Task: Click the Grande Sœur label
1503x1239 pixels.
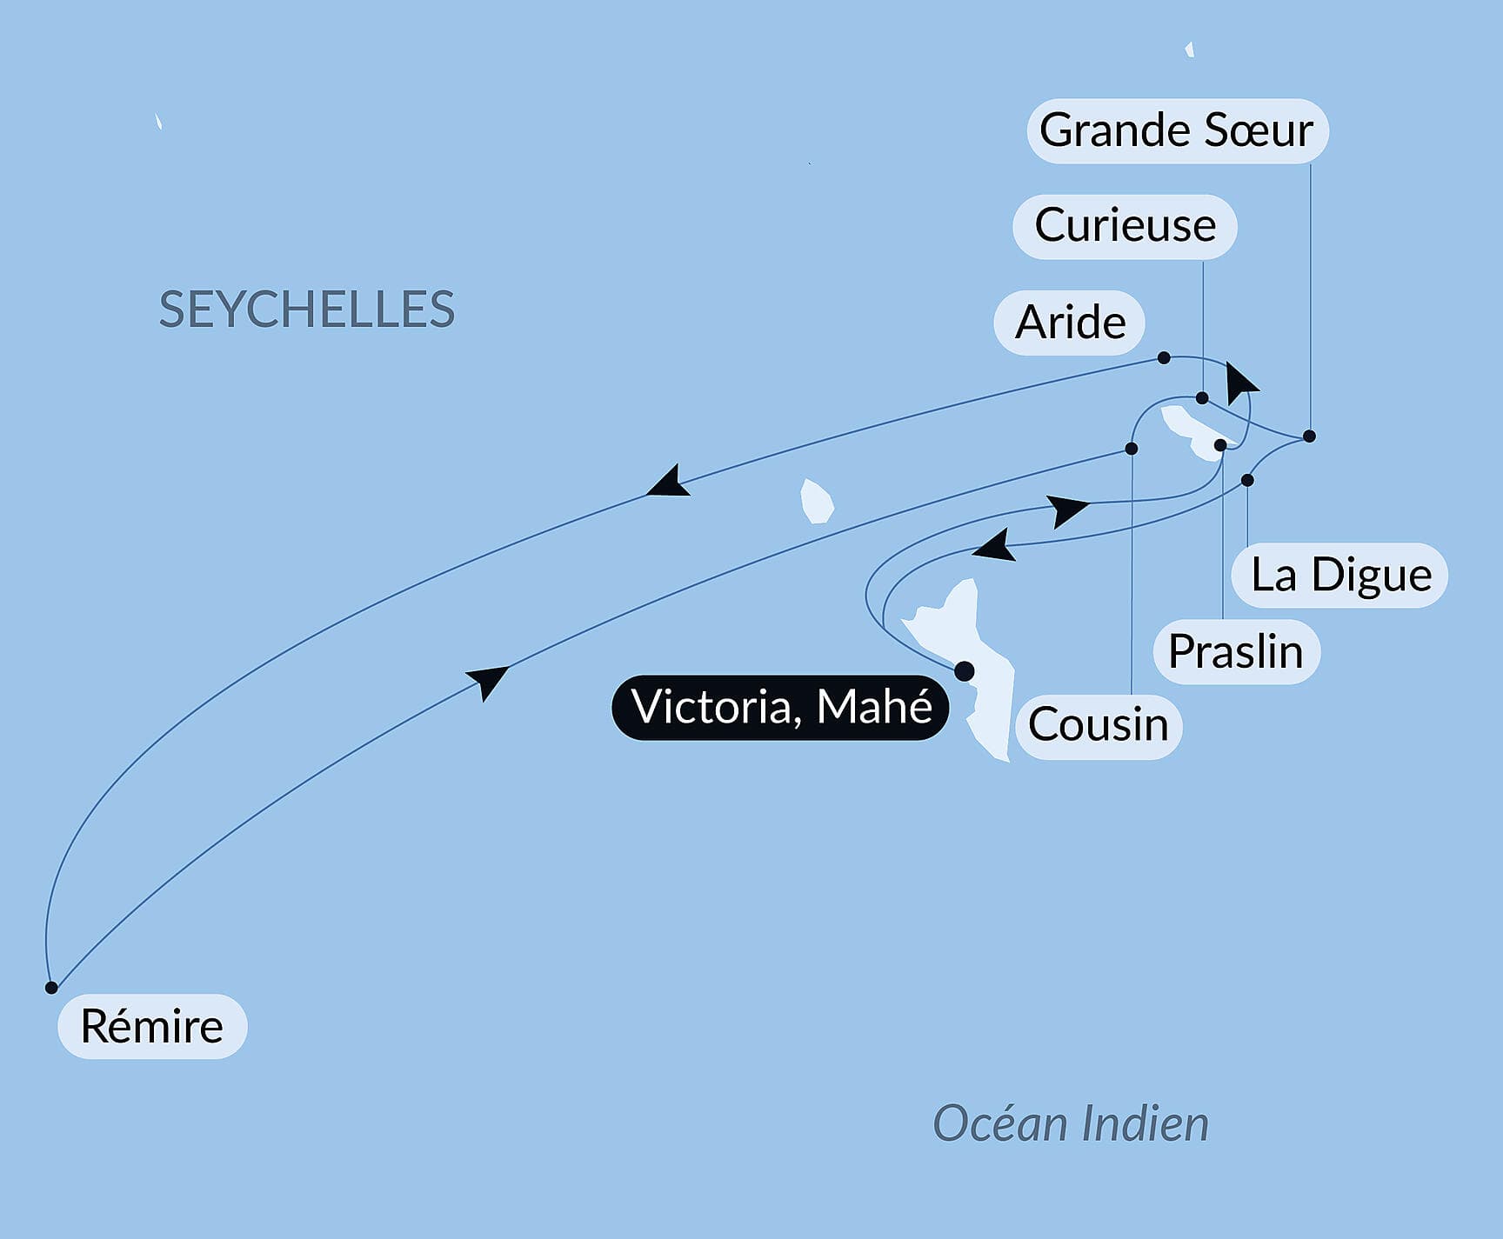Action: (x=1177, y=131)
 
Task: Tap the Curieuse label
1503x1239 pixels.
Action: (x=1125, y=226)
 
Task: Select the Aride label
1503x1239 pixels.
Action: (x=1070, y=323)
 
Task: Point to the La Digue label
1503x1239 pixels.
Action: (x=1340, y=576)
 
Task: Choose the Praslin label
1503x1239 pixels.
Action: (x=1236, y=652)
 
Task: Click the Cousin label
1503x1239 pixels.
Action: (x=1098, y=725)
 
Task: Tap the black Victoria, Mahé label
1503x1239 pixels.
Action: (x=781, y=707)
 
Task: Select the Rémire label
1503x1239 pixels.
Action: (x=152, y=1027)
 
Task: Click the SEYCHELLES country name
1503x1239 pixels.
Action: (x=306, y=310)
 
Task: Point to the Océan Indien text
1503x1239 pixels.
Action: (x=1071, y=1124)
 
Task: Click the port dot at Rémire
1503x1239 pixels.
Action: (x=51, y=988)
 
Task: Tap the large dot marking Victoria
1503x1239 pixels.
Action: (x=964, y=671)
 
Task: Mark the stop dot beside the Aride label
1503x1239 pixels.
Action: (x=1164, y=358)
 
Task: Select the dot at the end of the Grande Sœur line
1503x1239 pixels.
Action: (x=1309, y=436)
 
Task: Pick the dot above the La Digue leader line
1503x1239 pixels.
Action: (x=1247, y=480)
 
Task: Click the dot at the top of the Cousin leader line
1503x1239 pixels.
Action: (x=1132, y=449)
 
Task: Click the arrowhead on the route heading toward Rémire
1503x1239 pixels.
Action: (x=668, y=484)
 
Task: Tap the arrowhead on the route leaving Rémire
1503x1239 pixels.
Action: (x=488, y=680)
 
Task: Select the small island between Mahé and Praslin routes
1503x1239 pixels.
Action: (x=816, y=502)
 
